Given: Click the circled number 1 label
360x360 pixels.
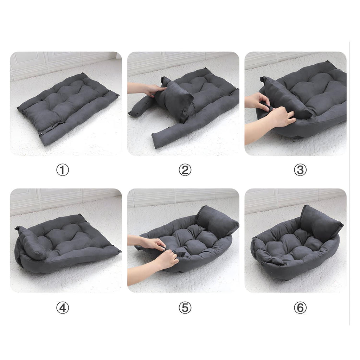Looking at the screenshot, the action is point(63,170).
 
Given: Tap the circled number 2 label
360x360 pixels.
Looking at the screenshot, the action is point(185,170).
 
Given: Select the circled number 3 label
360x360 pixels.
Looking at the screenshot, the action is point(300,170).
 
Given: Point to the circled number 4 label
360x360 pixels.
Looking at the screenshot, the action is point(63,308).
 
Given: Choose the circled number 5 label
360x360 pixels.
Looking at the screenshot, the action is point(185,308).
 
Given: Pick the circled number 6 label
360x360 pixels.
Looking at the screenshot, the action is point(300,308).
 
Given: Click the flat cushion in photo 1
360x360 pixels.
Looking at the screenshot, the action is point(68,108).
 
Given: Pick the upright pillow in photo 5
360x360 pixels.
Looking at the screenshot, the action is point(217,222).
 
